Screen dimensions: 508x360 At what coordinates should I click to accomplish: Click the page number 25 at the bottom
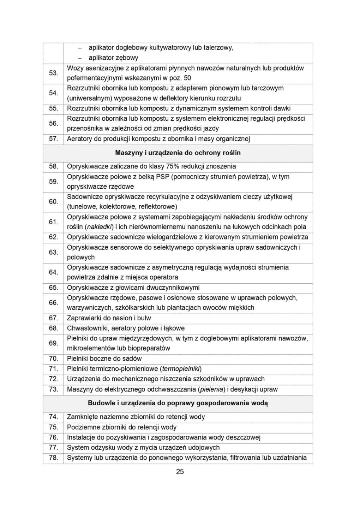coord(180,472)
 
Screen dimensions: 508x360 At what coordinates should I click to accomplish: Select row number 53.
coord(53,73)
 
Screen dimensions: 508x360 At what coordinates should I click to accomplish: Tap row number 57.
coord(53,139)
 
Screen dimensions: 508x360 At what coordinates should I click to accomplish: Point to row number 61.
coord(53,222)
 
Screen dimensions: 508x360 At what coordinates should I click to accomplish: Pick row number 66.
coord(53,303)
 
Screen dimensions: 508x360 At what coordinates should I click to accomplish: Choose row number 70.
coord(53,359)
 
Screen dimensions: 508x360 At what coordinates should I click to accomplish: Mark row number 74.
coord(53,417)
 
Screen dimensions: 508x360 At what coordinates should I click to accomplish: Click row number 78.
coord(53,458)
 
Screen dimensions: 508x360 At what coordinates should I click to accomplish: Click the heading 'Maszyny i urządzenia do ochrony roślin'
coord(178,153)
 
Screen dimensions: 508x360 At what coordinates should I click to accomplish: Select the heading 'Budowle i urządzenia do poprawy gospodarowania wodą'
coord(178,403)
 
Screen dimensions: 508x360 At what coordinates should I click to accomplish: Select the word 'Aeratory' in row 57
coord(79,139)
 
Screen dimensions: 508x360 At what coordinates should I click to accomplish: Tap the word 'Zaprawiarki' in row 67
coord(84,318)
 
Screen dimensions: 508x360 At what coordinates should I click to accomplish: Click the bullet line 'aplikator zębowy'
coord(113,58)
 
